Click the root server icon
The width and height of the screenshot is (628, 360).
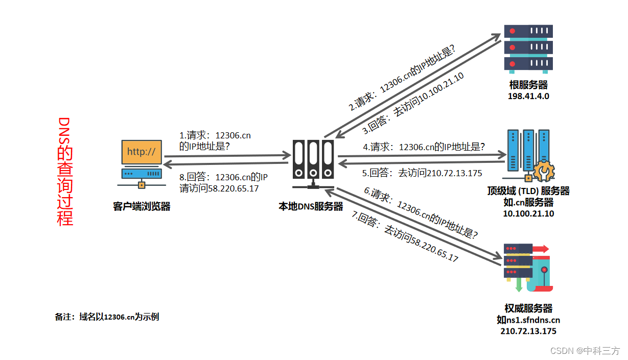pyautogui.click(x=528, y=49)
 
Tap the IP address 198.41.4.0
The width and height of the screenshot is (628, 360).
pyautogui.click(x=528, y=96)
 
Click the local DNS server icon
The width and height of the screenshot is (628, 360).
pyautogui.click(x=313, y=161)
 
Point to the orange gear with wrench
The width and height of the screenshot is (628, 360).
pyautogui.click(x=543, y=172)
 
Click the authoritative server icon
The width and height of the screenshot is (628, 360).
pyautogui.click(x=526, y=268)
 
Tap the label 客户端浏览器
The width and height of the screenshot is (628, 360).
pyautogui.click(x=142, y=207)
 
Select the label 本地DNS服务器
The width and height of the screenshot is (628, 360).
pyautogui.click(x=311, y=207)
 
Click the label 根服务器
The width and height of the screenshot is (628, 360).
pyautogui.click(x=528, y=85)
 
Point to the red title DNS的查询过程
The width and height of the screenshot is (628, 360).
pyautogui.click(x=65, y=172)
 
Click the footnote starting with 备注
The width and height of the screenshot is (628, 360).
pyautogui.click(x=107, y=317)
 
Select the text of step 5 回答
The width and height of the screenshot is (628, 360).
pyautogui.click(x=422, y=173)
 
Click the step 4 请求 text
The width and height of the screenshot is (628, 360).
pyautogui.click(x=424, y=147)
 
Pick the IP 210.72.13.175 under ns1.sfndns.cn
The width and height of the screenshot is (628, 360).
pyautogui.click(x=528, y=331)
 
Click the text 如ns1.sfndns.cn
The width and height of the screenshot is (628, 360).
pyautogui.click(x=528, y=320)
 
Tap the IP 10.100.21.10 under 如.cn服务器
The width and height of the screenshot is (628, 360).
pyautogui.click(x=528, y=213)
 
